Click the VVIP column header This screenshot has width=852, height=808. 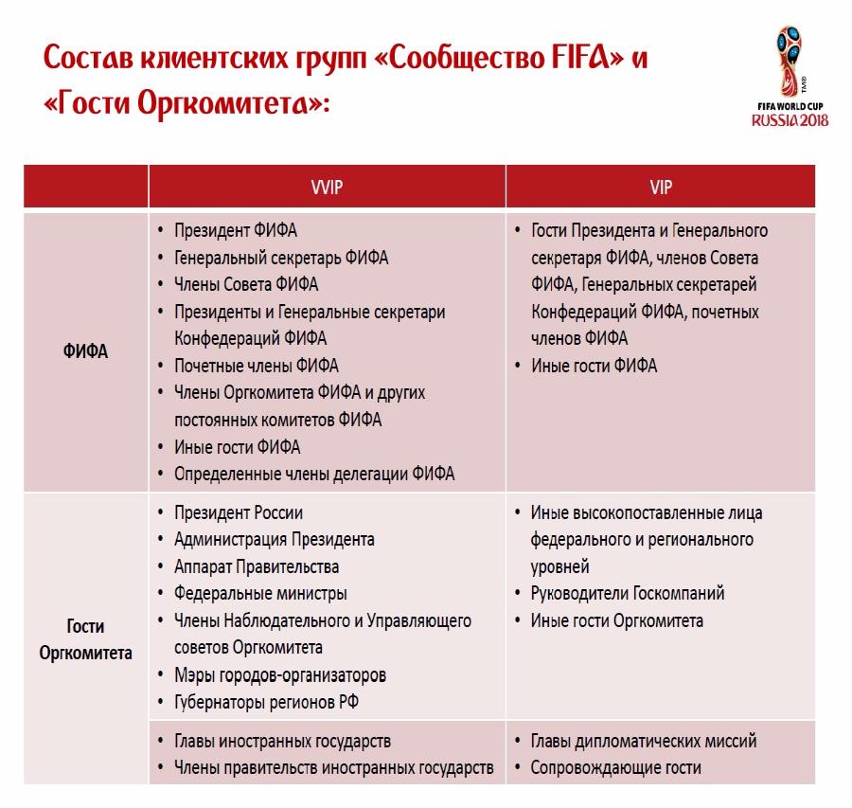click(327, 188)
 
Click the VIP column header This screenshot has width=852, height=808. click(661, 188)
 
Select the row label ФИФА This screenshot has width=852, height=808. click(86, 352)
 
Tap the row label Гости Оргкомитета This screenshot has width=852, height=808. click(86, 639)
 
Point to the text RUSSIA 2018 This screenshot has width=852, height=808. click(790, 120)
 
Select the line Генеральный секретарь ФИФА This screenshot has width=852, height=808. click(281, 258)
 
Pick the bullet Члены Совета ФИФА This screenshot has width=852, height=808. click(246, 284)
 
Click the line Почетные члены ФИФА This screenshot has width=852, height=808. click(256, 366)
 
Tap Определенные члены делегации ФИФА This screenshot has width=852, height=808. click(314, 474)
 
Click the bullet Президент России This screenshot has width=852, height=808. click(239, 512)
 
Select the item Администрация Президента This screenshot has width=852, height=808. click(275, 540)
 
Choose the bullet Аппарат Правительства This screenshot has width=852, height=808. click(257, 566)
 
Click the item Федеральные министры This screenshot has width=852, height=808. click(260, 594)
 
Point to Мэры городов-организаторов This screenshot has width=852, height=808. click(280, 675)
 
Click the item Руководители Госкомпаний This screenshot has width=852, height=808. click(628, 594)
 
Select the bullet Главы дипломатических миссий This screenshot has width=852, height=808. click(644, 742)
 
